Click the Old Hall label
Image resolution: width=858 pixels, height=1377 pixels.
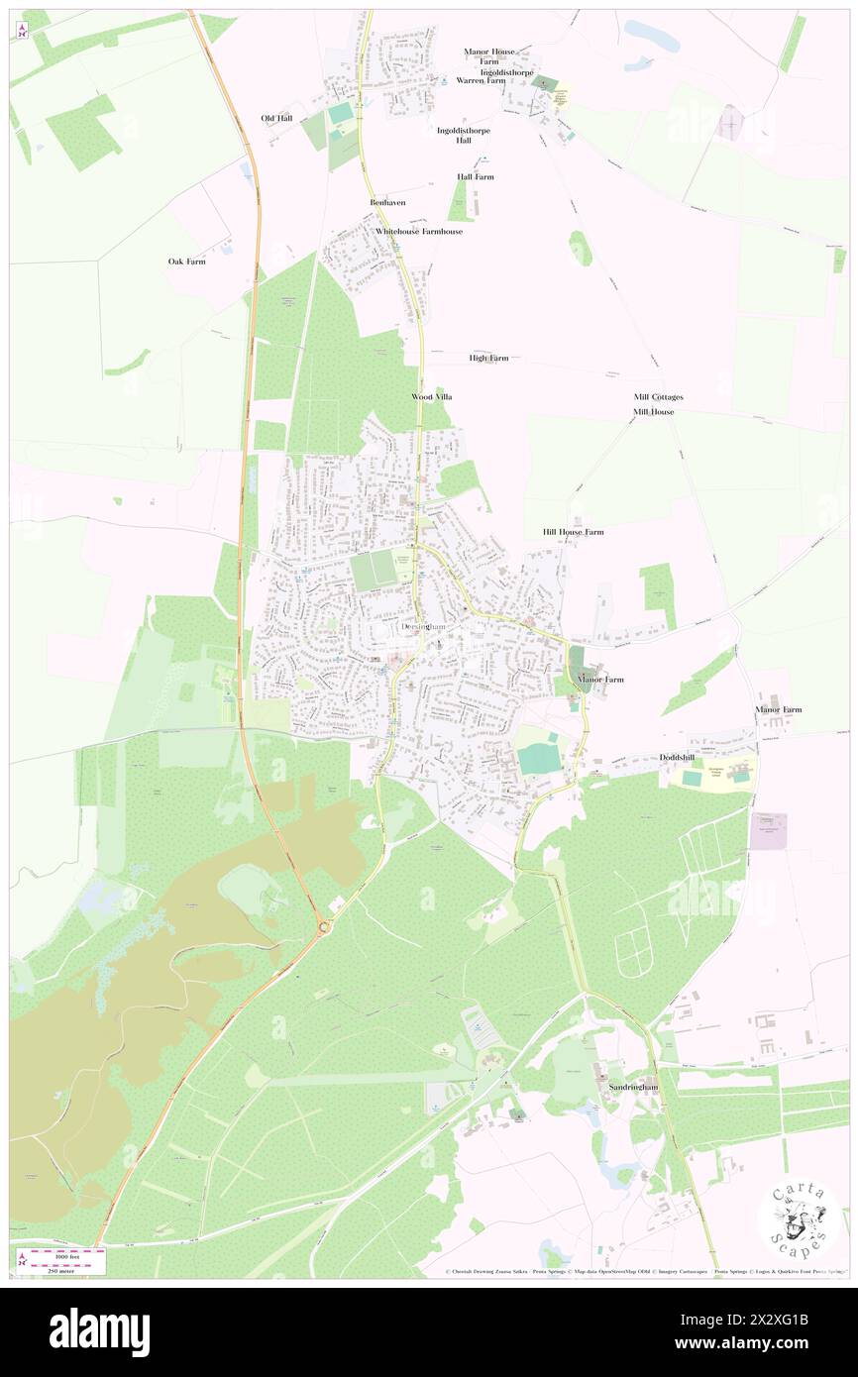(276, 118)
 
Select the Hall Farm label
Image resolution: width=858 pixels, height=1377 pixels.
(475, 176)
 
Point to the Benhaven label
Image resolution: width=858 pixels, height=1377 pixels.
(387, 202)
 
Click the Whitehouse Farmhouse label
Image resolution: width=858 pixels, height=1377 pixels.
(418, 231)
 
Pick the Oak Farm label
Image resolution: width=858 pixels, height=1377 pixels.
(186, 262)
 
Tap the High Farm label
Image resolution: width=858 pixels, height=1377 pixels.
(488, 358)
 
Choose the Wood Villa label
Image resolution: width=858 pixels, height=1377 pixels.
(431, 396)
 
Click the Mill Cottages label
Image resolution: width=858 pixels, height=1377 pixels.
(658, 396)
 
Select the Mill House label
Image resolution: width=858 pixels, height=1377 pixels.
(654, 411)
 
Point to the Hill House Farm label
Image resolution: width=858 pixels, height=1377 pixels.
(573, 532)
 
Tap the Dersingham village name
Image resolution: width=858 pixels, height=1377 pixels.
(426, 628)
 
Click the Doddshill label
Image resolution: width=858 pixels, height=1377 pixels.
(677, 757)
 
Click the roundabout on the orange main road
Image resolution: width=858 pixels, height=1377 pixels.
(324, 928)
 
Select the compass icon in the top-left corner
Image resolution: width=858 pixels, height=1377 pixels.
(23, 31)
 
